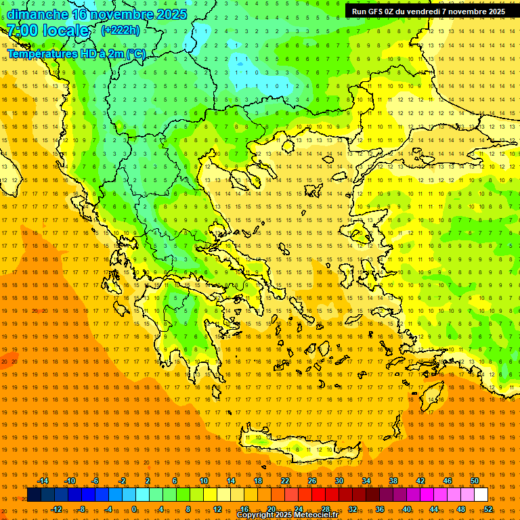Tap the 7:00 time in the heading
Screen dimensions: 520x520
(x=22, y=30)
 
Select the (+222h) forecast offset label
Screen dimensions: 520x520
(x=121, y=30)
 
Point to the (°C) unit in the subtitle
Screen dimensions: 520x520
(x=135, y=53)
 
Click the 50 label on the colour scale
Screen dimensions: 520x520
(x=475, y=481)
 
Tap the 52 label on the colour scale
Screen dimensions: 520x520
(x=488, y=509)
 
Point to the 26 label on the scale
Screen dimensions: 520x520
(x=312, y=481)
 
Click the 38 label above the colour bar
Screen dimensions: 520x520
(x=393, y=481)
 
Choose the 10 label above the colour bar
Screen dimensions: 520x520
(x=204, y=481)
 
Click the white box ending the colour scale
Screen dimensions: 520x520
(x=481, y=495)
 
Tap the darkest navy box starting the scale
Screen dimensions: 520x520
(x=34, y=495)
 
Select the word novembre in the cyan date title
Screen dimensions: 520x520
(x=126, y=14)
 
